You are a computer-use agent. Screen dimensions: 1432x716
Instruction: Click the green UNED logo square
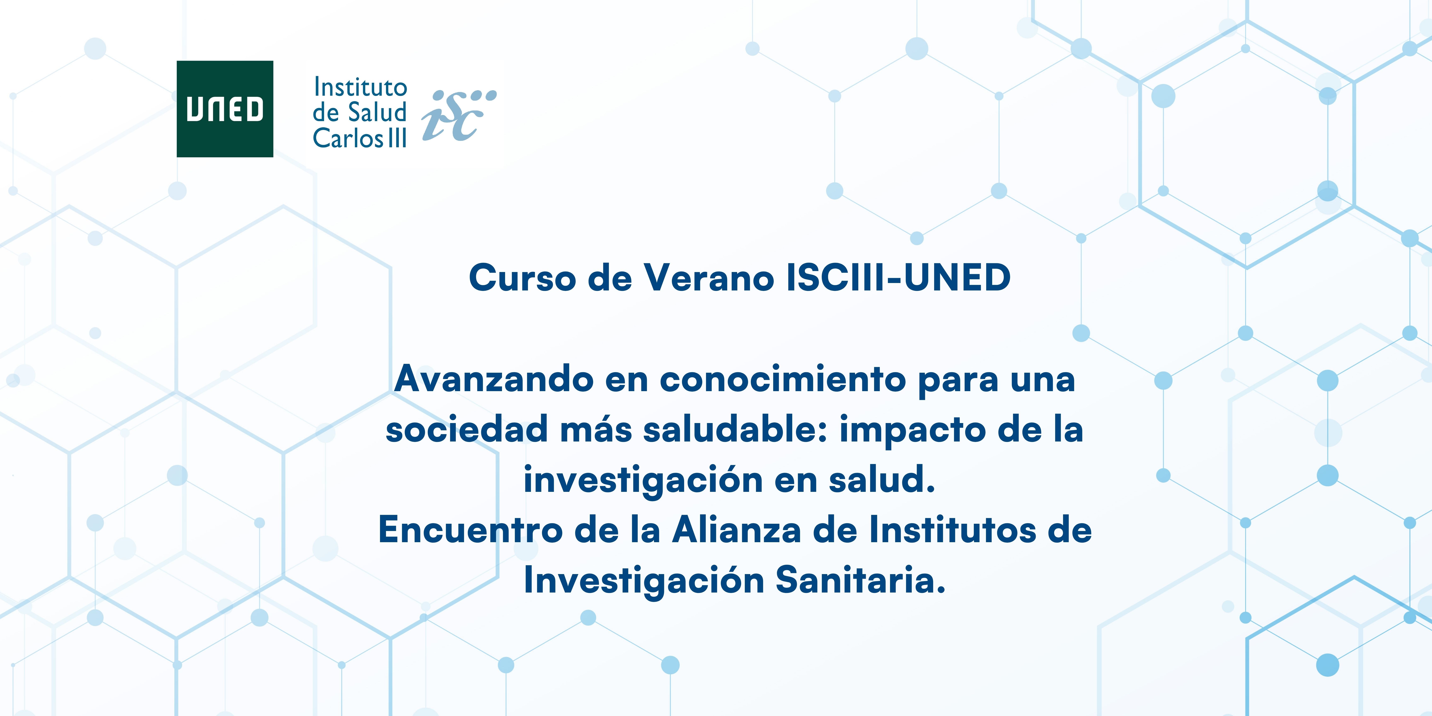(x=225, y=109)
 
